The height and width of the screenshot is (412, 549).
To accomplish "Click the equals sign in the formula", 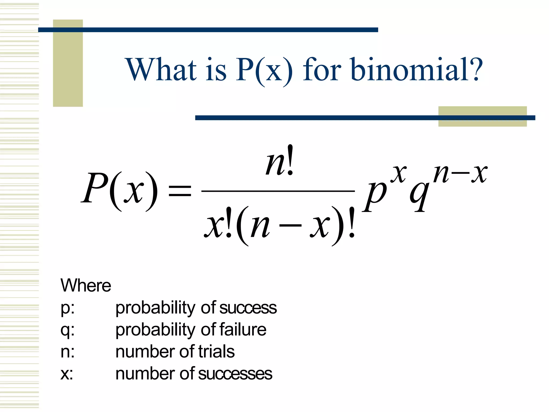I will pos(180,191).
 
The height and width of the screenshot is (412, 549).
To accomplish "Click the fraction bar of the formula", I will pos(278,191).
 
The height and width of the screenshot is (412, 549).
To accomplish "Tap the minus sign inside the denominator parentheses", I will pos(290,226).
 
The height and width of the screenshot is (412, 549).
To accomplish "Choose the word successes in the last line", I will pos(235,374).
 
